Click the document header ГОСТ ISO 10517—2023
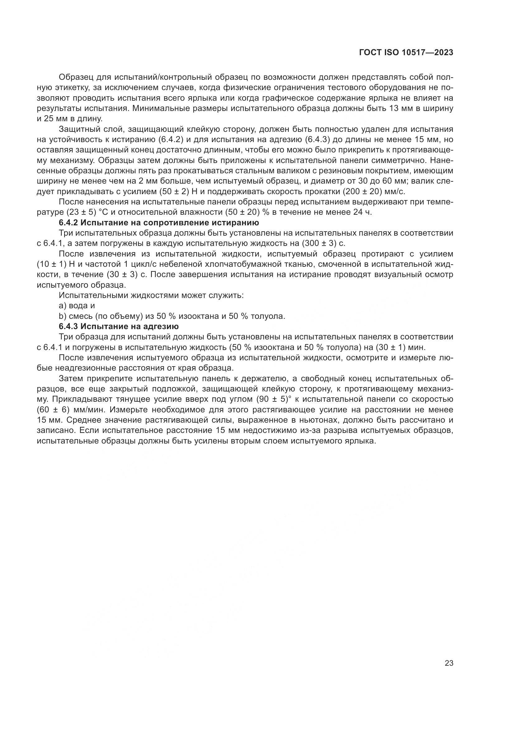click(406, 53)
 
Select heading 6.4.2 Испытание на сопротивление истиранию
click(159, 223)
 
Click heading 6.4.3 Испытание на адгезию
click(119, 326)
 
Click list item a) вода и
click(77, 306)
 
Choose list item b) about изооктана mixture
click(172, 316)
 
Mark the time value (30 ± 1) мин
click(405, 347)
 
